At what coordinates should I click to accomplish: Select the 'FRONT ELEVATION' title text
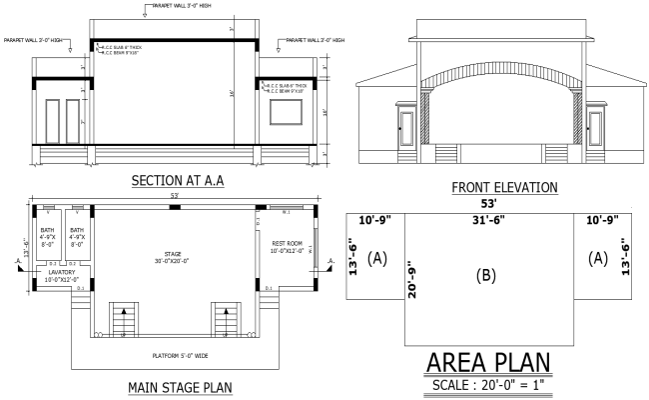click(x=504, y=187)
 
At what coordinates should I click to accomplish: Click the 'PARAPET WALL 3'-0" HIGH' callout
click(x=180, y=5)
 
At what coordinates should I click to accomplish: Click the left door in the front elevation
click(x=404, y=130)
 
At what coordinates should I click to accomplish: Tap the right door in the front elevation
click(x=595, y=130)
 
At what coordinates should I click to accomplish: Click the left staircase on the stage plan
click(x=122, y=320)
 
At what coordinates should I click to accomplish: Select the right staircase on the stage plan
click(x=224, y=320)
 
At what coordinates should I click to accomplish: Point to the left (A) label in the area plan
click(x=377, y=258)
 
